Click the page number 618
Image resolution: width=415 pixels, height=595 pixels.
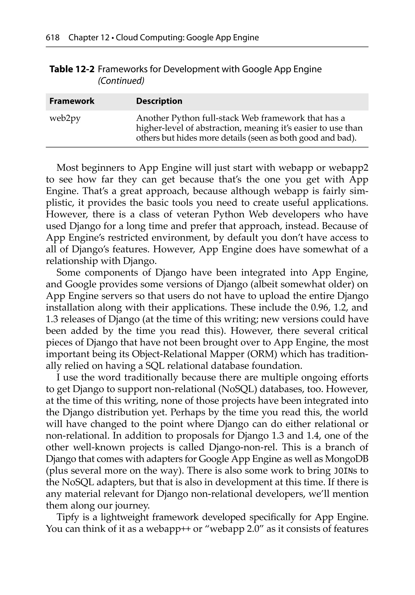coord(53,38)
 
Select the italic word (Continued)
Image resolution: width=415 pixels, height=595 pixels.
coord(121,81)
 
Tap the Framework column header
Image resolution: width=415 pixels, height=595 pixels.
coord(72,101)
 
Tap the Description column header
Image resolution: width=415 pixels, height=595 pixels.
coord(159,101)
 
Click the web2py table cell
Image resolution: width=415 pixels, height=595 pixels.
coord(65,118)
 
